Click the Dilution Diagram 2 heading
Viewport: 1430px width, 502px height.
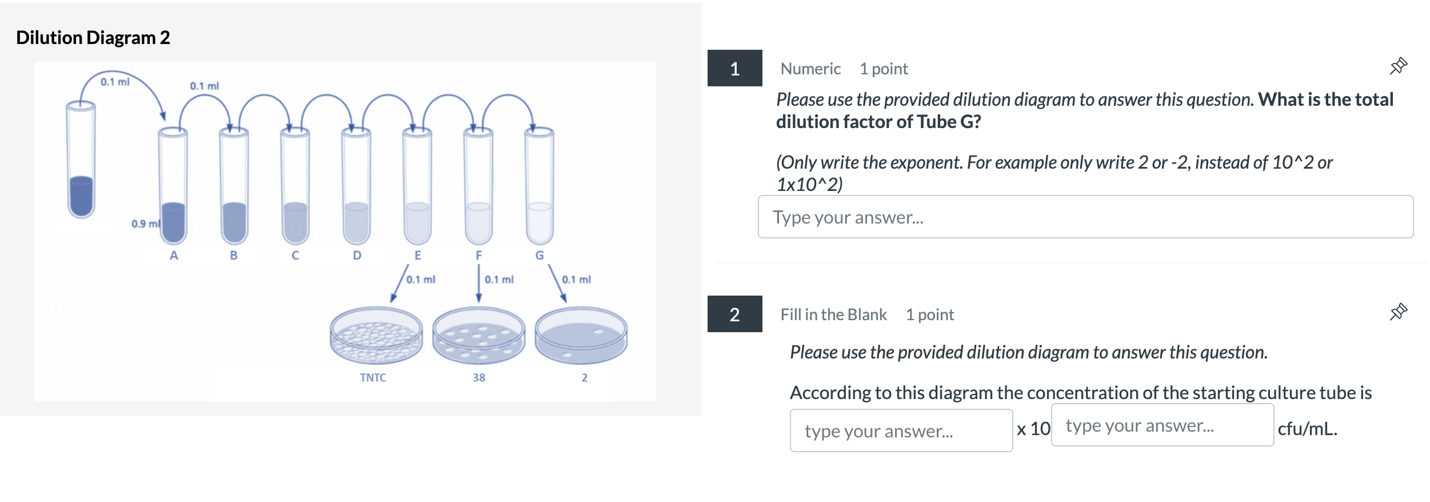coord(93,38)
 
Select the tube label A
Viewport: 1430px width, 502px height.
coord(174,255)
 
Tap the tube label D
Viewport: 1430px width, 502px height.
coord(357,255)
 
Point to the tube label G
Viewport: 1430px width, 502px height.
coord(539,255)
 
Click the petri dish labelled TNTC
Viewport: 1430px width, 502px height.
coord(376,336)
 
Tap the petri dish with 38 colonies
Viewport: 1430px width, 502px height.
coord(478,336)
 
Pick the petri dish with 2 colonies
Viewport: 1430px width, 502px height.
coord(581,336)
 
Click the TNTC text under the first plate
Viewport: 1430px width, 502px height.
coord(373,377)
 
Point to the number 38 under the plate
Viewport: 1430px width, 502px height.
coord(478,377)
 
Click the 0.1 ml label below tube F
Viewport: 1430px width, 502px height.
coord(499,280)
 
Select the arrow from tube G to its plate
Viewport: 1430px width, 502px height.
coord(557,283)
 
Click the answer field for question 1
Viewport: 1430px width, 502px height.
coord(1085,217)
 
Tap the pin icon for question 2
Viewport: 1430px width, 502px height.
coord(1398,312)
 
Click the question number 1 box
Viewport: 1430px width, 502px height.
coord(734,69)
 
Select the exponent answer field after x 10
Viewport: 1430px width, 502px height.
coord(1162,425)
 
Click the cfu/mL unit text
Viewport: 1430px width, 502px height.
coord(1307,429)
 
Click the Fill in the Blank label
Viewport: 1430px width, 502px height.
coord(833,314)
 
